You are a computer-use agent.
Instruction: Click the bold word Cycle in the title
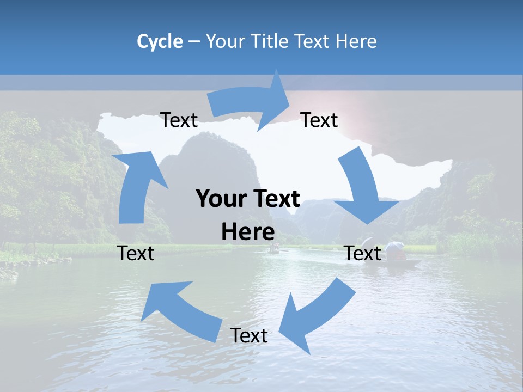[x=160, y=41]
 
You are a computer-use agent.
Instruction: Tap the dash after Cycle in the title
[x=194, y=42]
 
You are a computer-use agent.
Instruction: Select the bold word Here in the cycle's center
[x=248, y=232]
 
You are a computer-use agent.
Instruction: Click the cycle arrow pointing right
[x=251, y=101]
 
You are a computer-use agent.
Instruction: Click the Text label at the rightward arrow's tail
[x=179, y=120]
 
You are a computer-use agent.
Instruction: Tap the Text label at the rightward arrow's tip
[x=319, y=120]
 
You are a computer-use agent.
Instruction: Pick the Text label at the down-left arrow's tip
[x=249, y=335]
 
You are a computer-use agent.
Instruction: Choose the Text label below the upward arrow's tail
[x=136, y=253]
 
